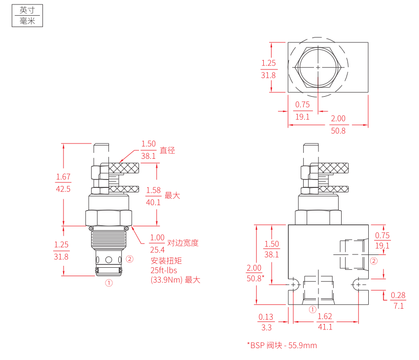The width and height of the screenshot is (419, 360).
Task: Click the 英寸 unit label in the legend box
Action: [x=27, y=10]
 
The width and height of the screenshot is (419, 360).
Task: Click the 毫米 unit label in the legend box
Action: [x=27, y=21]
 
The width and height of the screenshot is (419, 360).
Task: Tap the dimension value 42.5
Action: [x=63, y=189]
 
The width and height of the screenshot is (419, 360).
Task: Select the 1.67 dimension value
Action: [x=63, y=177]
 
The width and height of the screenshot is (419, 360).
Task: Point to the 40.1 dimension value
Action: [x=153, y=202]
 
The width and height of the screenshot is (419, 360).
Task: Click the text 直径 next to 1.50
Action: [x=168, y=150]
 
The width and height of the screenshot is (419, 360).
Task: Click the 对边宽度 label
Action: [x=183, y=243]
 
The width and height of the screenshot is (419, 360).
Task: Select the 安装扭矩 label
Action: [x=166, y=261]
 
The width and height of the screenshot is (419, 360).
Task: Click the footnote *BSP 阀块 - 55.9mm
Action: [x=281, y=345]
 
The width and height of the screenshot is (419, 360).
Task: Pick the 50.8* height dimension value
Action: [x=255, y=278]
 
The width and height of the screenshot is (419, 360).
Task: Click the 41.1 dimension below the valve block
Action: [x=325, y=327]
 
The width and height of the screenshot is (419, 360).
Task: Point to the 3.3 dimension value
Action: [x=266, y=327]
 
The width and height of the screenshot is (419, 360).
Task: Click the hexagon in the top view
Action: [x=318, y=67]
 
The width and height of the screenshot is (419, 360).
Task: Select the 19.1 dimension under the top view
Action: [x=302, y=117]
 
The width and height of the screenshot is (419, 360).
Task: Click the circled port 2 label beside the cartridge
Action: [x=130, y=258]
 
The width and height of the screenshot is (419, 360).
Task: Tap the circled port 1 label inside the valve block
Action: [x=312, y=310]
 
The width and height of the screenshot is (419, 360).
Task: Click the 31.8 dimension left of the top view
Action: [x=268, y=75]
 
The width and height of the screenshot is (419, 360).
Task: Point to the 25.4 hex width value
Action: [x=158, y=249]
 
